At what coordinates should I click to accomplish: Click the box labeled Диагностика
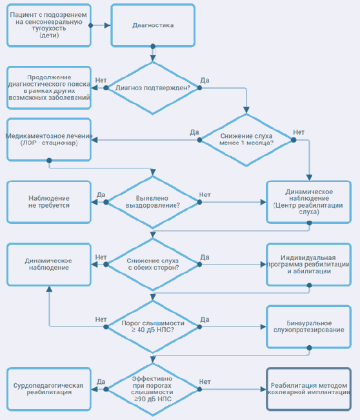pyautogui.click(x=153, y=25)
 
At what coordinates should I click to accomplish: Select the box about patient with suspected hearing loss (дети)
pyautogui.click(x=49, y=25)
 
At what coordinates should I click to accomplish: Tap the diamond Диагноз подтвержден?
pyautogui.click(x=153, y=88)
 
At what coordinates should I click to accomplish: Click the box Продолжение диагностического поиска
pyautogui.click(x=49, y=88)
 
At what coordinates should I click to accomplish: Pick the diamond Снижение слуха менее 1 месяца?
pyautogui.click(x=246, y=140)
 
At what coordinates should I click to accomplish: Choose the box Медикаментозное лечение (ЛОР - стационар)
pyautogui.click(x=49, y=139)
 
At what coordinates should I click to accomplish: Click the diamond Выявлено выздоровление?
pyautogui.click(x=153, y=202)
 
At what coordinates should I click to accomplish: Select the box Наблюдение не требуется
pyautogui.click(x=49, y=202)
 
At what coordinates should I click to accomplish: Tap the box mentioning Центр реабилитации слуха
pyautogui.click(x=308, y=202)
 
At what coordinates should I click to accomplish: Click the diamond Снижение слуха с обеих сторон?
pyautogui.click(x=153, y=265)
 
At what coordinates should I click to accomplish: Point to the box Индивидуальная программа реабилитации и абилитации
pyautogui.click(x=308, y=265)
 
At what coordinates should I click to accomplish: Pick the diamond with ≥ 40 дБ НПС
pyautogui.click(x=153, y=327)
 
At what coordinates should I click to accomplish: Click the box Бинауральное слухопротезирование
pyautogui.click(x=308, y=327)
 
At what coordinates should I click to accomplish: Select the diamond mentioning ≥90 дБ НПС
pyautogui.click(x=153, y=389)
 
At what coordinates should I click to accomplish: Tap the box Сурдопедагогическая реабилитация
pyautogui.click(x=49, y=389)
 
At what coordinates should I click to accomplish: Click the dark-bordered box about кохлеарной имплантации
pyautogui.click(x=308, y=389)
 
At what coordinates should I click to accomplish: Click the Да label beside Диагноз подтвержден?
pyautogui.click(x=205, y=80)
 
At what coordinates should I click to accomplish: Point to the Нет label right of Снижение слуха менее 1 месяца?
pyautogui.click(x=299, y=132)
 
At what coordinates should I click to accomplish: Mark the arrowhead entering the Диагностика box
pyautogui.click(x=107, y=25)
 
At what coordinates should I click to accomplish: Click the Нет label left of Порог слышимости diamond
pyautogui.click(x=101, y=319)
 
